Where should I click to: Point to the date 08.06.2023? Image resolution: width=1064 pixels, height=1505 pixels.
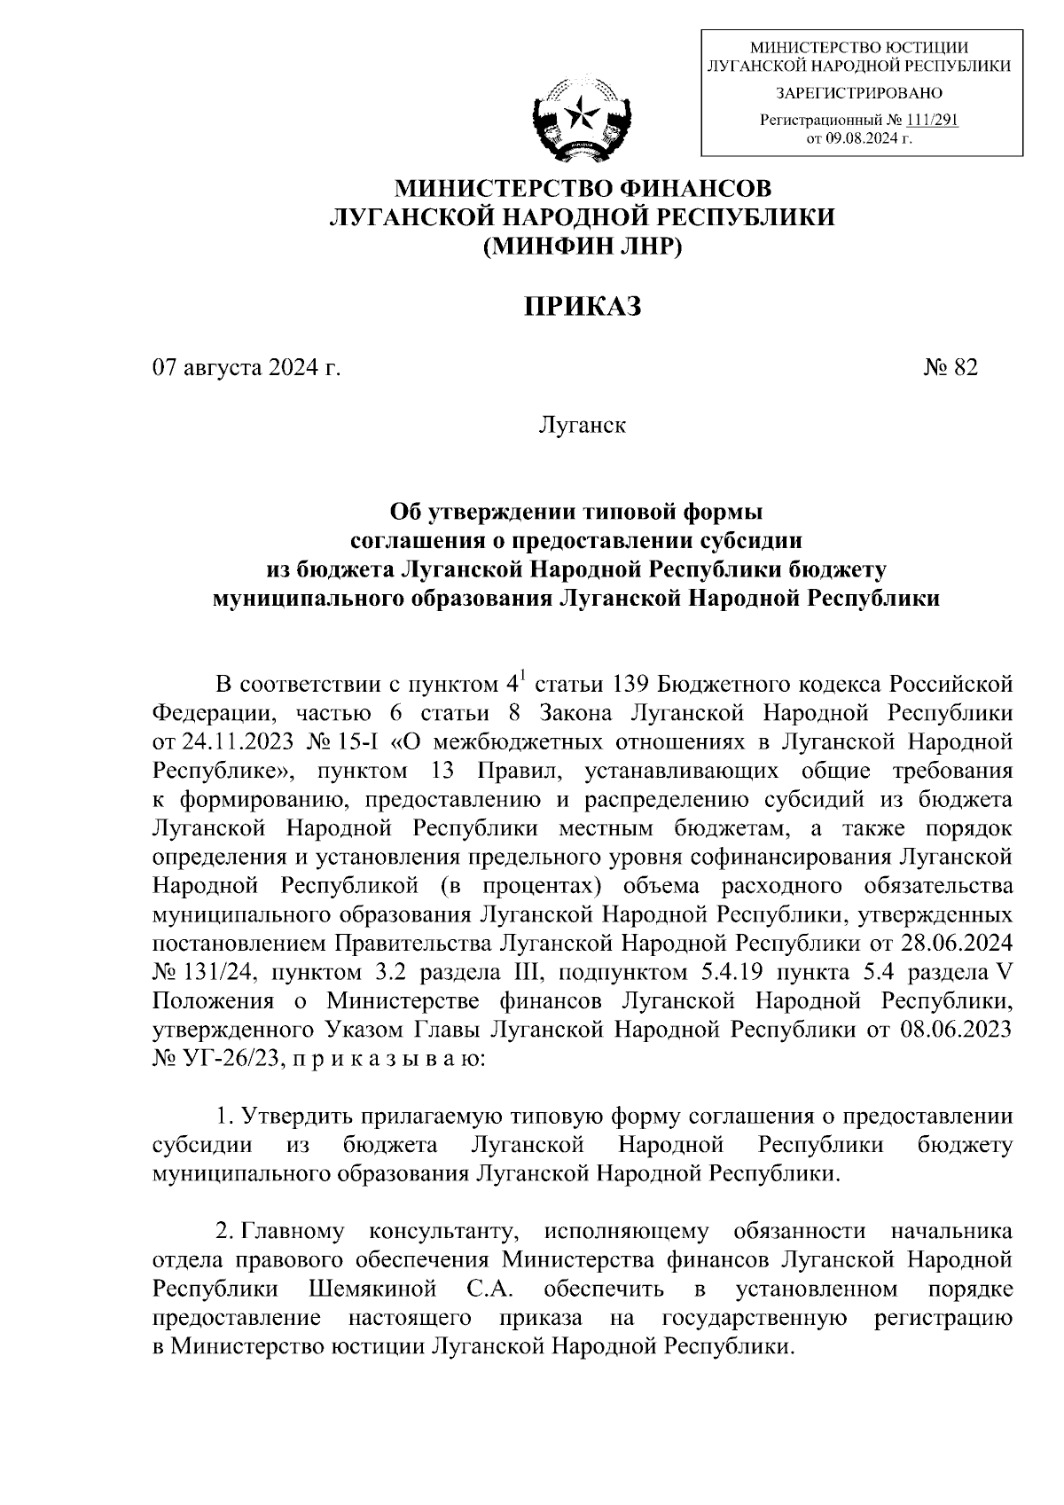click(x=960, y=1030)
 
